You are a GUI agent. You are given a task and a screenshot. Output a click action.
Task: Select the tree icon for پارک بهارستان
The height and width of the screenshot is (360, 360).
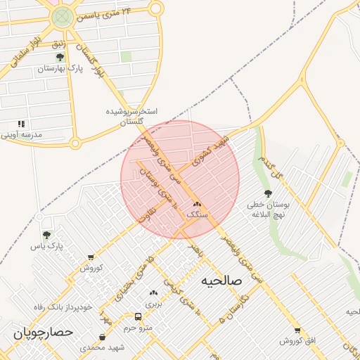(x=60, y=58)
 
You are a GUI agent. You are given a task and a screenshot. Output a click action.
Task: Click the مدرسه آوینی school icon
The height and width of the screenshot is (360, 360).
(x=22, y=124)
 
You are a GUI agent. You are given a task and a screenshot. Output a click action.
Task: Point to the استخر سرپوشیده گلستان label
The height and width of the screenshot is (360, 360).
(x=131, y=116)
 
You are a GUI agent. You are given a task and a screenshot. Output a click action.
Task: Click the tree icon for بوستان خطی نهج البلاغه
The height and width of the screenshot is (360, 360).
(x=267, y=193)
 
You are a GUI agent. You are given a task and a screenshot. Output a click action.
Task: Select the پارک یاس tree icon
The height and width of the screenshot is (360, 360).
(x=46, y=235)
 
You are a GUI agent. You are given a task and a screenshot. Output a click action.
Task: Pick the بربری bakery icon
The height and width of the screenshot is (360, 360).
(x=153, y=292)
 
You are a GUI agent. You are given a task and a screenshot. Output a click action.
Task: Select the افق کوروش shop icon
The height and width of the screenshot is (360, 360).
(x=297, y=330)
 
